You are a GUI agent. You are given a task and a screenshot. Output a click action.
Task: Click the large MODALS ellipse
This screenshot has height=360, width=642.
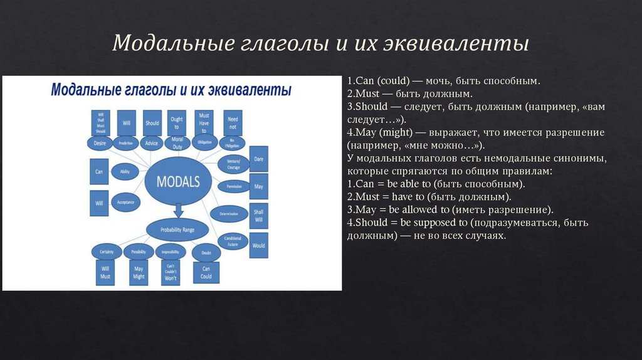177,182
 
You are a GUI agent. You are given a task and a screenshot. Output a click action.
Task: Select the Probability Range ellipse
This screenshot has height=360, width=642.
177,230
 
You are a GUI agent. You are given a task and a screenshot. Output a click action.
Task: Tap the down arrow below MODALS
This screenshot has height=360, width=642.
177,209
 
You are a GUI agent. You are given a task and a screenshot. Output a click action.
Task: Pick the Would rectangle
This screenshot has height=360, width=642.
259,245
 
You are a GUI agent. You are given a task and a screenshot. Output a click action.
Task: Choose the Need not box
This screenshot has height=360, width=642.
233,122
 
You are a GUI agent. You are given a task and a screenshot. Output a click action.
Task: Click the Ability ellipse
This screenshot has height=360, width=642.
125,171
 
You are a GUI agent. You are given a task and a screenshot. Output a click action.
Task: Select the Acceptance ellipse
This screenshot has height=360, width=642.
125,203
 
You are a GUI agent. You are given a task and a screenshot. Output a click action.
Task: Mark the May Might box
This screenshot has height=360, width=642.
139,272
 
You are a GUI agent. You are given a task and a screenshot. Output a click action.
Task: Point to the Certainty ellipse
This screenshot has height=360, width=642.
106,251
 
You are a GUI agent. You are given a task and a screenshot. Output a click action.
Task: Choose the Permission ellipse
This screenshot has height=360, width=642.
233,186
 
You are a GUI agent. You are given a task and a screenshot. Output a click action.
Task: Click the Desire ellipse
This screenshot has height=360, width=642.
100,143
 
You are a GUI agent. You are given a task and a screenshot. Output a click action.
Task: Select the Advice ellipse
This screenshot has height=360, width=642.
152,143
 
